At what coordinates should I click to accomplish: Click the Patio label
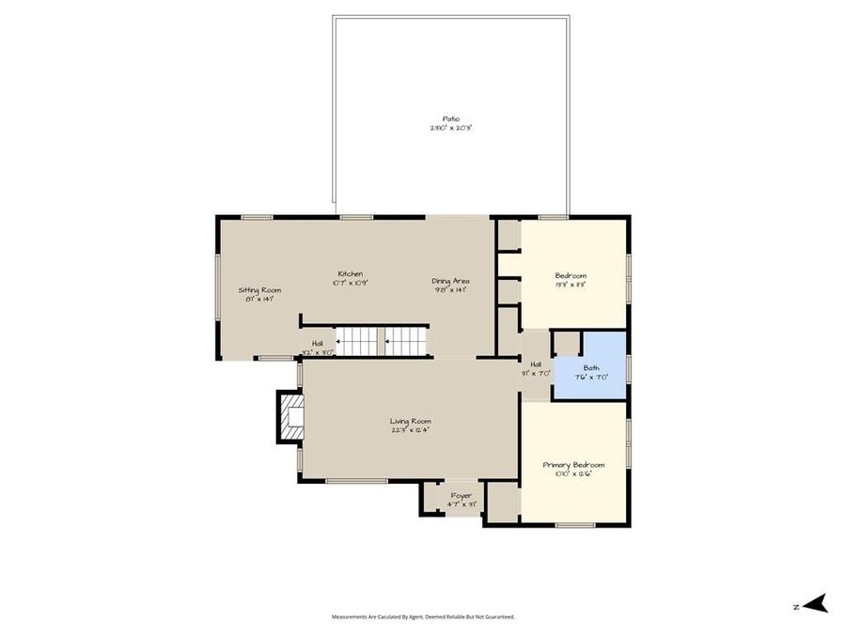[x=450, y=119]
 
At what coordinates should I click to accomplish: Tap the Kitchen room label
[x=350, y=273]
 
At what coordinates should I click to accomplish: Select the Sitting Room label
[x=259, y=290]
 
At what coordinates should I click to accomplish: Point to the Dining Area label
[x=450, y=281]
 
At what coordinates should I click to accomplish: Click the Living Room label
[x=410, y=421]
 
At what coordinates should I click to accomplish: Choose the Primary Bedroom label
[x=573, y=465]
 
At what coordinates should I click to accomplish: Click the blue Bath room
[x=590, y=366]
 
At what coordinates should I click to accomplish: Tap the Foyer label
[x=461, y=495]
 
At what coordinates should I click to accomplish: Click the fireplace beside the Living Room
[x=290, y=416]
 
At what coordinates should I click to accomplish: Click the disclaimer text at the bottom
[x=423, y=617]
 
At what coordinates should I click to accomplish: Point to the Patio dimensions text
[x=450, y=128]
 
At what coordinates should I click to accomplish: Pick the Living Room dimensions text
[x=410, y=430]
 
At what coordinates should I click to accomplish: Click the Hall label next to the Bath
[x=536, y=364]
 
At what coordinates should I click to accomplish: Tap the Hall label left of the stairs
[x=317, y=344]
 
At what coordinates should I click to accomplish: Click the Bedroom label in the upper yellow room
[x=571, y=275]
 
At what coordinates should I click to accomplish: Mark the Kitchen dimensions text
[x=350, y=282]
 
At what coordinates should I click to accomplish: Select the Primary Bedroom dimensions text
[x=573, y=474]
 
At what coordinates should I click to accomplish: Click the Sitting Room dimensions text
[x=259, y=299]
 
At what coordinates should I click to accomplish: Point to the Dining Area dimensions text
[x=450, y=289]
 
